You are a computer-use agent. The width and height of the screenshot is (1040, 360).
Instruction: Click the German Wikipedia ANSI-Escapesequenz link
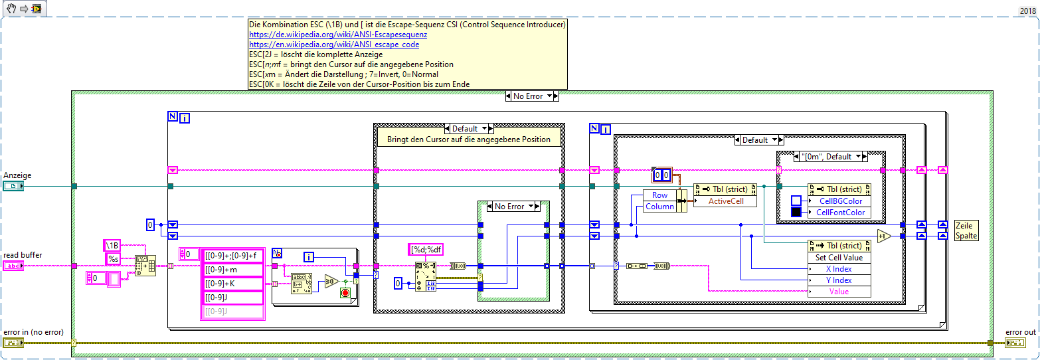[x=337, y=35]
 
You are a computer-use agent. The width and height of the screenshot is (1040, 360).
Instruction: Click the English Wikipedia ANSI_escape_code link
[x=333, y=45]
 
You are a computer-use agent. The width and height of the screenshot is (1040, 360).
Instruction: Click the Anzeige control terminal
[x=13, y=187]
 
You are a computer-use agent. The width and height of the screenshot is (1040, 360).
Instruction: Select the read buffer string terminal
[x=13, y=266]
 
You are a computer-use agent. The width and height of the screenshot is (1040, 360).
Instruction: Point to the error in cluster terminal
[x=13, y=343]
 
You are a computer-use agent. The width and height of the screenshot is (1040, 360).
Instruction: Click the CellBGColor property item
[x=839, y=201]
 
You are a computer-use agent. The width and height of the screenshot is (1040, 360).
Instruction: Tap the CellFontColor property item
[x=840, y=213]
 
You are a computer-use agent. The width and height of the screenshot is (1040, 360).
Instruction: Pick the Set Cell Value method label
[x=839, y=258]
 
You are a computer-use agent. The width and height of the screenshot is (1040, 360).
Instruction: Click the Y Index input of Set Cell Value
[x=839, y=280]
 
